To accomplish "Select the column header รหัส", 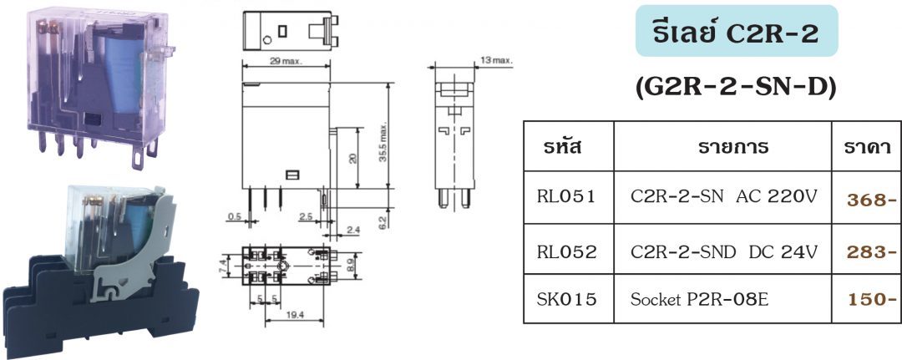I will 567,148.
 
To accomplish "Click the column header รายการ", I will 722,148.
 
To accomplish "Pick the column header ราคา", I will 865,148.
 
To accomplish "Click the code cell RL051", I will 567,198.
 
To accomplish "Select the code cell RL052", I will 567,251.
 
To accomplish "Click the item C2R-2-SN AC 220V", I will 722,198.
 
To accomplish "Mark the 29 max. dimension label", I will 286,63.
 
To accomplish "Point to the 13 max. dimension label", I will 498,61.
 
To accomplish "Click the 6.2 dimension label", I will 382,223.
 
